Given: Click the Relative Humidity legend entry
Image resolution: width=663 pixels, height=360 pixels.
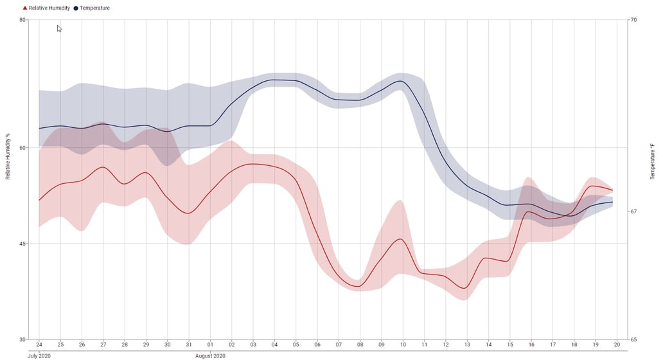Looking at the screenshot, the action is coord(46,8).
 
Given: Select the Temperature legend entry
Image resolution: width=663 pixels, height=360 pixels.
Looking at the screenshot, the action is coord(92,8).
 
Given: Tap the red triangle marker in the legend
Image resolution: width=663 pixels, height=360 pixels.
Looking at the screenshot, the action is coord(25,8).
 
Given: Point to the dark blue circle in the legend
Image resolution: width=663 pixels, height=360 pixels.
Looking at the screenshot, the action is coord(76,8).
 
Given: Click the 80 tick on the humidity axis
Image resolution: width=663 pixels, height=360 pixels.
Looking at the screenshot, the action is coord(22,19).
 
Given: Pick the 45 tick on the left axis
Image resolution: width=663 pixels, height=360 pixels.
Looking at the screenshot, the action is coord(22,244).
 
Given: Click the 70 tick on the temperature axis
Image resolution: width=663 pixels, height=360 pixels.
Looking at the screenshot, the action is coord(633,19).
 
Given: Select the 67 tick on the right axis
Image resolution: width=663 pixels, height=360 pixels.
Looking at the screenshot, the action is coord(633,212).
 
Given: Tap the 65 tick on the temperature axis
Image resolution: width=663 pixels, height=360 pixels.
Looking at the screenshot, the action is coord(633,339).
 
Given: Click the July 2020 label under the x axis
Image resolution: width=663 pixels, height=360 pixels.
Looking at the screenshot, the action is coord(39,355).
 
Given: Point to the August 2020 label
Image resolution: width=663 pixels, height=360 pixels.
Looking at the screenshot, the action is coord(210,355).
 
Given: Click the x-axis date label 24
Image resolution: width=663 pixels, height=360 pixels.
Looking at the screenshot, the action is coord(39,345).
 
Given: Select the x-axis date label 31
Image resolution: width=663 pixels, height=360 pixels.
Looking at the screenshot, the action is coord(189,345).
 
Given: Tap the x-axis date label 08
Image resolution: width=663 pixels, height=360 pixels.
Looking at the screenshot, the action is coord(360,345).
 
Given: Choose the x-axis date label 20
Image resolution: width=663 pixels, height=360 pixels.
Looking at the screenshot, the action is coord(617,345).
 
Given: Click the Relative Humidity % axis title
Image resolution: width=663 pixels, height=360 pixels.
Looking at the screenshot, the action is coord(8,156).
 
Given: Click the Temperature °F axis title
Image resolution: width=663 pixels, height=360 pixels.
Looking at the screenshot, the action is coord(652,161).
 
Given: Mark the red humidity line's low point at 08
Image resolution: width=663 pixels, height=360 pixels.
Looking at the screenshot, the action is coord(358,286).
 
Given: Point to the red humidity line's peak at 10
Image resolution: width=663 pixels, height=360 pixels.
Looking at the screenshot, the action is coord(400,239).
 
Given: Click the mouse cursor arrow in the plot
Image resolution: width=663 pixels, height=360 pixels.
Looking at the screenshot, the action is coord(59,29).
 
